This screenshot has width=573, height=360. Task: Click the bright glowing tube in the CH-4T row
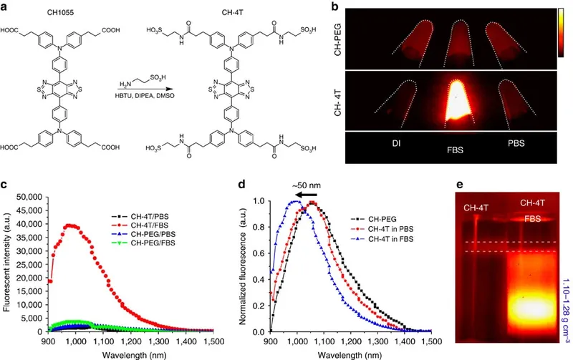click(457, 103)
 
